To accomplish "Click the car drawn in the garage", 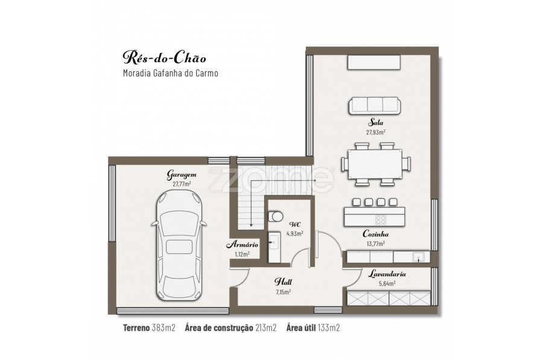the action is [x=179, y=246].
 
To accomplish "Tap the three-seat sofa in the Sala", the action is [x=374, y=106].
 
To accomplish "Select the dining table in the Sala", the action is [x=376, y=163].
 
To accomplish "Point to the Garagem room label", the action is [x=182, y=174].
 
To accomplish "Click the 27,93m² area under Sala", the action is [x=376, y=132].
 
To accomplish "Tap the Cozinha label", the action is [x=375, y=234].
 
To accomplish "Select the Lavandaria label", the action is [x=387, y=274].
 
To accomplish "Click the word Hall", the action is [x=283, y=282].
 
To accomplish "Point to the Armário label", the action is [x=242, y=245].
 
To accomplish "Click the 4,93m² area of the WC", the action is [x=294, y=233].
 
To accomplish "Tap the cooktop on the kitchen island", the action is [x=381, y=219].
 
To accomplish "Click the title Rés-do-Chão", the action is [x=165, y=58].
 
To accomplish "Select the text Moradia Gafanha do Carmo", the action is [x=170, y=73].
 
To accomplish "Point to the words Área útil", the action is [x=301, y=328].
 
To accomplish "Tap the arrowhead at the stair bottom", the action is [x=251, y=225].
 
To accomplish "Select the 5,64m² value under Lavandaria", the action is [x=387, y=283].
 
